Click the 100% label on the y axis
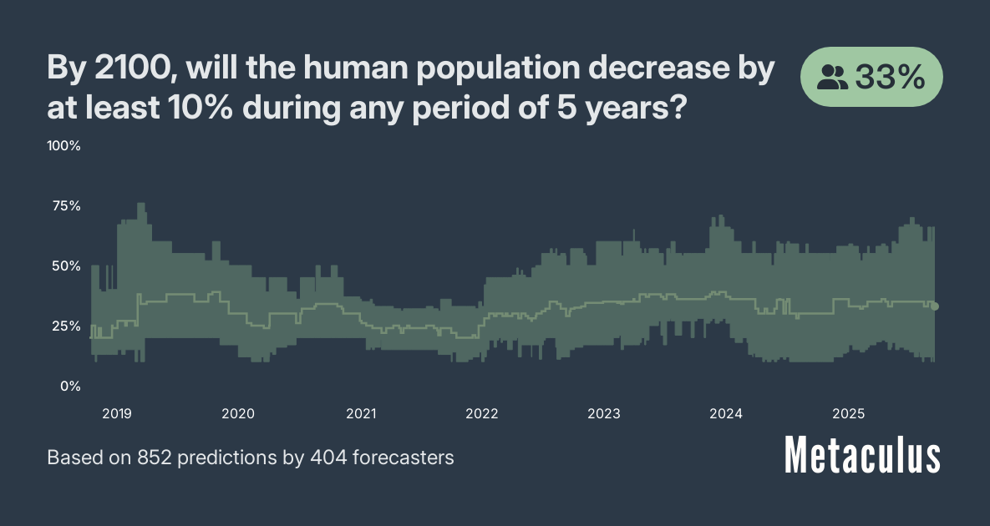click(63, 146)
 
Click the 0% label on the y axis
click(69, 387)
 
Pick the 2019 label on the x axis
click(116, 413)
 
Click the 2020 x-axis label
click(238, 413)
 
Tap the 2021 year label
click(360, 413)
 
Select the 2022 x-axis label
click(482, 413)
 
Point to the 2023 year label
click(603, 413)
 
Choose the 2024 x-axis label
click(725, 413)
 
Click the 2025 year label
click(848, 413)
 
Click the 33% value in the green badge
click(891, 78)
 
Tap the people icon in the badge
click(832, 78)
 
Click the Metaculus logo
click(862, 456)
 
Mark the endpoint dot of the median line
click(935, 306)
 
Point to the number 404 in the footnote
click(327, 458)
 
